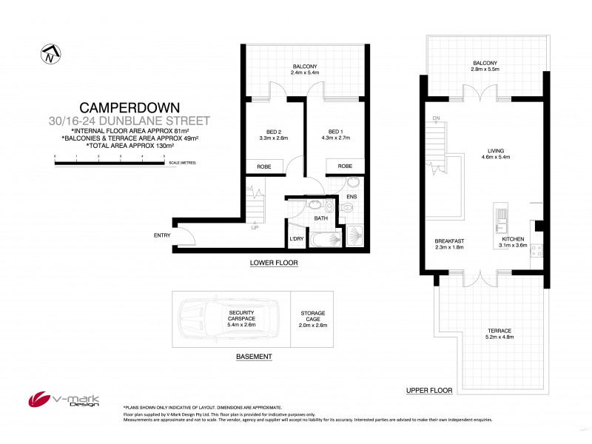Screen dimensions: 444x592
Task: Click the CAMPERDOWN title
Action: point(130,107)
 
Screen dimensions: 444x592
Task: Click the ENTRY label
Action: point(161,235)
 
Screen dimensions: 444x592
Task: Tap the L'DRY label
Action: point(297,238)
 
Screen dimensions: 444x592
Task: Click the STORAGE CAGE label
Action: point(312,317)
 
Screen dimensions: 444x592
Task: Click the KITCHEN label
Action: point(512,239)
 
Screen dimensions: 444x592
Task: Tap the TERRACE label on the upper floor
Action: point(500,331)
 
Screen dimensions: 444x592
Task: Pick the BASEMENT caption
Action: point(254,357)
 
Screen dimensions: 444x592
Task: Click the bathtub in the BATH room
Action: point(323,239)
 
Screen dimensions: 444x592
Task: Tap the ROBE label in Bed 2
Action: point(263,166)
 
